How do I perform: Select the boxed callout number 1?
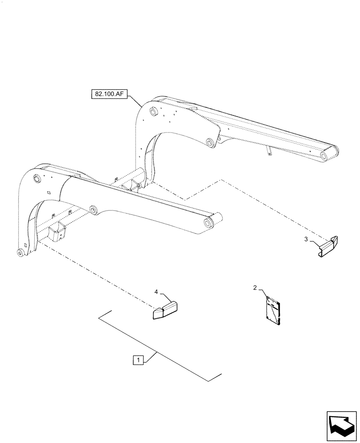pyautogui.click(x=139, y=360)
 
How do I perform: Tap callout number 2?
pyautogui.click(x=255, y=288)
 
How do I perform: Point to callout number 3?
pyautogui.click(x=307, y=240)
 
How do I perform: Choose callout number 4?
pyautogui.click(x=156, y=291)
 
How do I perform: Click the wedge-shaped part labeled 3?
pyautogui.click(x=329, y=246)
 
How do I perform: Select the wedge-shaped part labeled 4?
pyautogui.click(x=164, y=310)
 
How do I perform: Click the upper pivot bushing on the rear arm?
pyautogui.click(x=153, y=112)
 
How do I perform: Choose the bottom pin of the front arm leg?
pyautogui.click(x=20, y=253)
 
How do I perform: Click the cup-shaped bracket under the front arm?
pyautogui.click(x=57, y=232)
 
